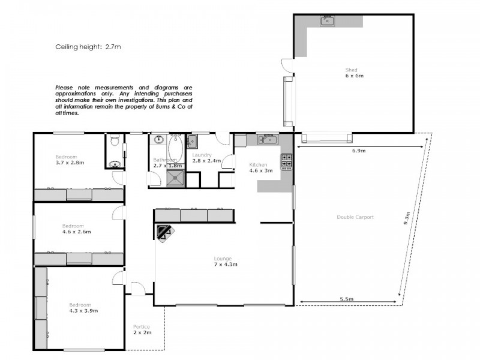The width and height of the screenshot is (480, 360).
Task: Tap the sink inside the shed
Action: (328, 22)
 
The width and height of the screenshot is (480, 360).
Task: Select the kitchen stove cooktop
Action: (286, 161)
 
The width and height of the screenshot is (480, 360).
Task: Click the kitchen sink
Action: (267, 140)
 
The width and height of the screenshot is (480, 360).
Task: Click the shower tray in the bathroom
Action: (176, 176)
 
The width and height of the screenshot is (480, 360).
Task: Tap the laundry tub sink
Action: (191, 142)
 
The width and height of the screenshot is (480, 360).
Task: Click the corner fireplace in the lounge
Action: (164, 232)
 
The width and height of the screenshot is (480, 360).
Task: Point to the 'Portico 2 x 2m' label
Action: (142, 329)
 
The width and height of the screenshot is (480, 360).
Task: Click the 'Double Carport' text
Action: (355, 217)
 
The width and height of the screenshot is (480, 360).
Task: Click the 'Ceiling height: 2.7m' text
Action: (88, 46)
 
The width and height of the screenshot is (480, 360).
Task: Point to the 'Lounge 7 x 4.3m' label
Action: (223, 262)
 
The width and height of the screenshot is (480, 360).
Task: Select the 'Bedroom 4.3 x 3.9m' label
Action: (83, 308)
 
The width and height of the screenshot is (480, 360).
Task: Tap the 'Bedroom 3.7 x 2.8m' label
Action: (70, 160)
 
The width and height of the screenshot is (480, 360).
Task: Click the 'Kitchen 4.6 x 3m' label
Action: (261, 167)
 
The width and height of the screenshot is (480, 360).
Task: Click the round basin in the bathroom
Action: (159, 140)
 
